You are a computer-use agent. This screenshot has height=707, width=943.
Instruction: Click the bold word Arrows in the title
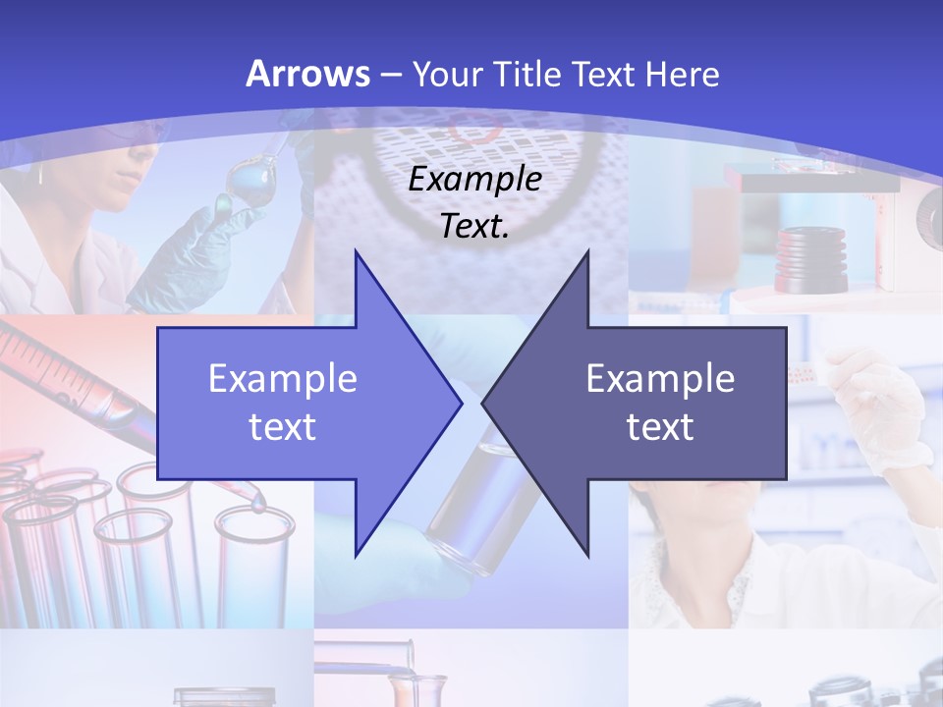click(x=308, y=74)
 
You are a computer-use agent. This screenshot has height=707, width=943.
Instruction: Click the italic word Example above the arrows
click(x=474, y=179)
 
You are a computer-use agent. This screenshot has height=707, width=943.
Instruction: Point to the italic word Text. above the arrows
click(x=474, y=226)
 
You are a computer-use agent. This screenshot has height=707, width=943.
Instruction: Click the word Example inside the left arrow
click(x=283, y=379)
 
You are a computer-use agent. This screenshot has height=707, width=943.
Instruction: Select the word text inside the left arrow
click(x=283, y=426)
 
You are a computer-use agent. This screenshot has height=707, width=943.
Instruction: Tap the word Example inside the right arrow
click(x=660, y=379)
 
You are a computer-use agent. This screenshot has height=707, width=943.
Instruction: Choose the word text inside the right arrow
click(x=660, y=426)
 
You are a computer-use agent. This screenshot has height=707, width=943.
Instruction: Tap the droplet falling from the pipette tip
click(x=257, y=505)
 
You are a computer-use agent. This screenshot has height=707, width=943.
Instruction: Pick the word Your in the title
click(x=447, y=75)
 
